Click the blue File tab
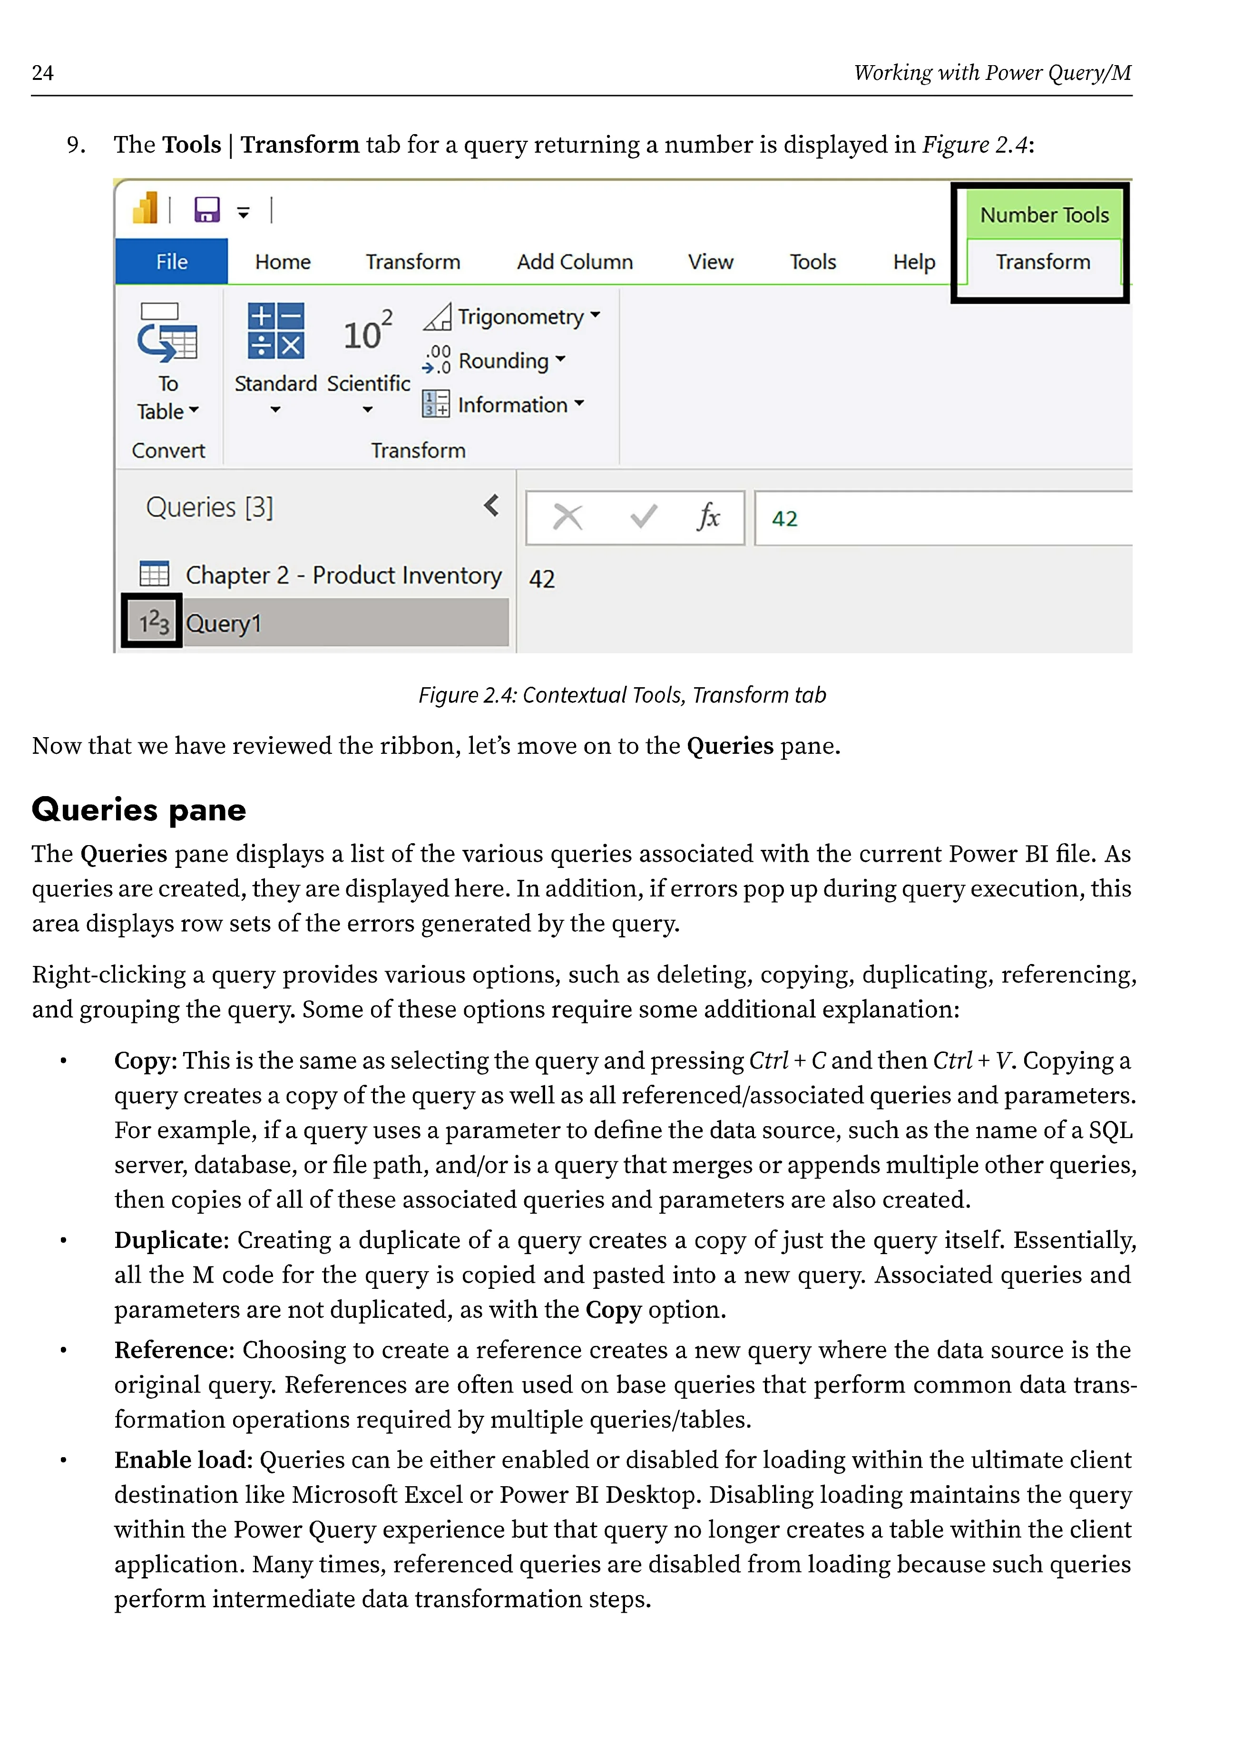tap(172, 262)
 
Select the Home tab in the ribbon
tap(283, 262)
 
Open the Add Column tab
tap(575, 262)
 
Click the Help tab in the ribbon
tap(913, 262)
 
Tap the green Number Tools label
tap(1044, 215)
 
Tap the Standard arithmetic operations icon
tap(275, 331)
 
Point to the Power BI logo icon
tap(145, 208)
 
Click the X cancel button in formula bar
tap(567, 518)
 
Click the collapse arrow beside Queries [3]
tap(491, 506)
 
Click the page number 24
tap(42, 73)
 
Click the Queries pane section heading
tap(139, 810)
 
